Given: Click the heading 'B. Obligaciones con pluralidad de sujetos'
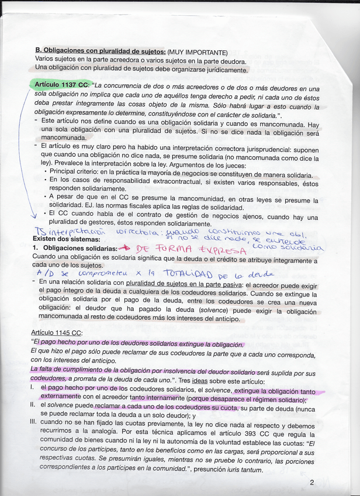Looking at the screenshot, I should click(x=101, y=52).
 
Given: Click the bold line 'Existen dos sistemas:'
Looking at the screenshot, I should click(x=67, y=239).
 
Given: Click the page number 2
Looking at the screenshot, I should click(x=312, y=483).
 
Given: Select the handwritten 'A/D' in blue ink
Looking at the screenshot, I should click(x=43, y=272).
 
